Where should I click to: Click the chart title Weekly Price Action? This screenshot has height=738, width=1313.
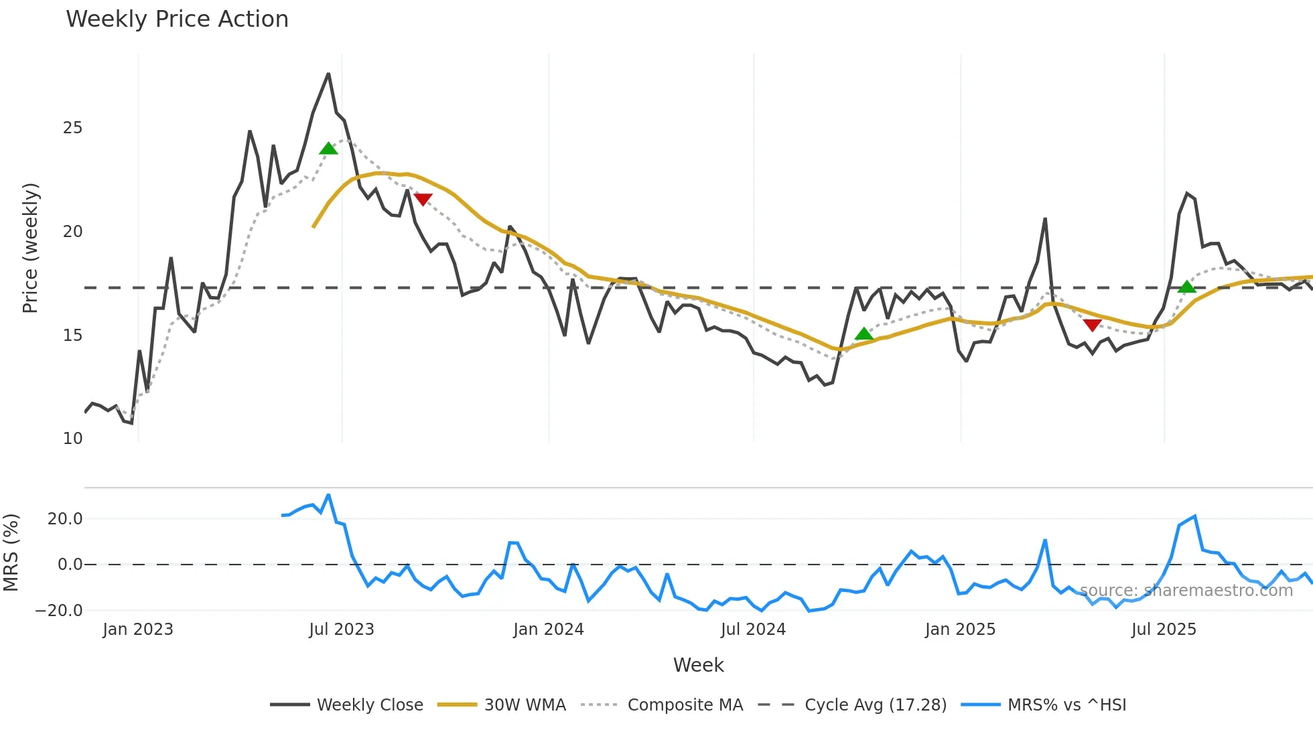177,19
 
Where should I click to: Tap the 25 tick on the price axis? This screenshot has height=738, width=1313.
72,128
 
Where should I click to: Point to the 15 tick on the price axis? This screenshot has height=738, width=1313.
72,336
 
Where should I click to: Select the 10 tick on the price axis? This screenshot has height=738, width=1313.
72,439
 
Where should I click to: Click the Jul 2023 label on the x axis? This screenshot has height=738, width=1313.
342,630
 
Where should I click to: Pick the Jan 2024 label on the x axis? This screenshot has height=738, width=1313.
549,630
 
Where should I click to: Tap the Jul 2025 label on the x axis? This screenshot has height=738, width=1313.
1164,630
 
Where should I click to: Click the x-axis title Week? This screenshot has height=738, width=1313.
698,665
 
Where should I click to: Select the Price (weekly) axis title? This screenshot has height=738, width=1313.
31,248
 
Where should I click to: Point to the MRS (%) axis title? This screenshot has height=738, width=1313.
11,552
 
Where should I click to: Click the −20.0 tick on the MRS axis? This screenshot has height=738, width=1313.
59,611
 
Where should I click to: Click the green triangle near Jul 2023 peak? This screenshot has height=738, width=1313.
328,149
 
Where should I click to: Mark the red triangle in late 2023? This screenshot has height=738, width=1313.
423,199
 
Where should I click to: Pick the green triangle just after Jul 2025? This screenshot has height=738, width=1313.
1186,287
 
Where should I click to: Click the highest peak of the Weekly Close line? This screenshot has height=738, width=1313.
328,74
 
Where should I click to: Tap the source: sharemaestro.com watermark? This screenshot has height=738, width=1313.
1186,591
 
